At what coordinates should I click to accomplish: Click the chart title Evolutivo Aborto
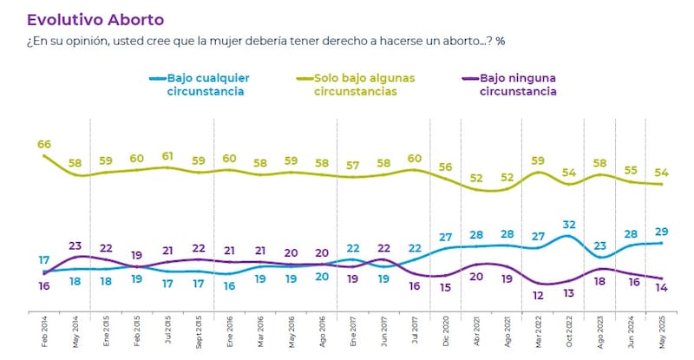[x=95, y=18]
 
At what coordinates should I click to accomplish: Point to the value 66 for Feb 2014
[x=43, y=142]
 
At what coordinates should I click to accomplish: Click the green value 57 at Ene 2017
[x=353, y=165]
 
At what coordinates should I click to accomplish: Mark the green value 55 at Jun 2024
[x=632, y=170]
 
